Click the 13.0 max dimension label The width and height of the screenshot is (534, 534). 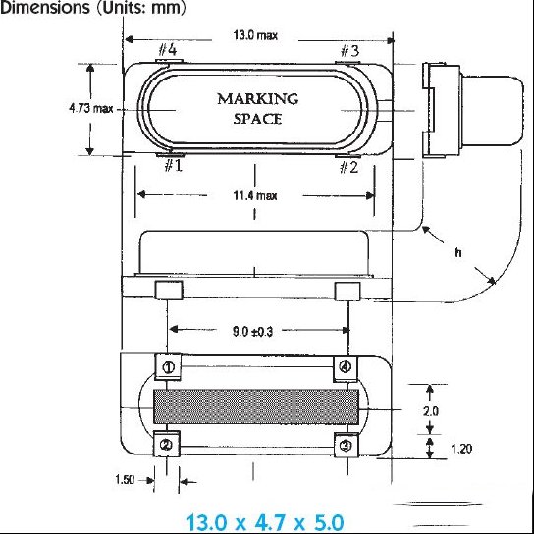(255, 35)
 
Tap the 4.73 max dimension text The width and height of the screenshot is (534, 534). (91, 109)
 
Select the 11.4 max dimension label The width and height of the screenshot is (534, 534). (255, 195)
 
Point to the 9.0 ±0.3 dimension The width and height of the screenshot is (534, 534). (252, 331)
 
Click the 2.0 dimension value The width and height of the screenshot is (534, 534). (431, 411)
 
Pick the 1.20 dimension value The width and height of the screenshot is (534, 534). (461, 449)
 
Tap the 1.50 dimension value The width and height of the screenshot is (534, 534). (125, 480)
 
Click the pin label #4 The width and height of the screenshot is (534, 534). (168, 50)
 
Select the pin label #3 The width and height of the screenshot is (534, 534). (349, 51)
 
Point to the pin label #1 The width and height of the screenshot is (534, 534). (174, 166)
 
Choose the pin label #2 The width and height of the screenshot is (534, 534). (349, 167)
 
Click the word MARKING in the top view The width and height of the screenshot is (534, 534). (258, 99)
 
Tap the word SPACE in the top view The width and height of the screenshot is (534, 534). (257, 119)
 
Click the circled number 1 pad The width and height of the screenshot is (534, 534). (168, 367)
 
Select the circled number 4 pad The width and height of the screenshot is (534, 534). (346, 367)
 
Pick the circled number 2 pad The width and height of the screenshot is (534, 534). (167, 444)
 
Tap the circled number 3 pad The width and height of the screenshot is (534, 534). (346, 445)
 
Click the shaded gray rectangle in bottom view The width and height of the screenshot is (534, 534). (256, 406)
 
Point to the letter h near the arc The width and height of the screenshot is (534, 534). (458, 252)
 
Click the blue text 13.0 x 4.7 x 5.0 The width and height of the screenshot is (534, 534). (265, 522)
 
